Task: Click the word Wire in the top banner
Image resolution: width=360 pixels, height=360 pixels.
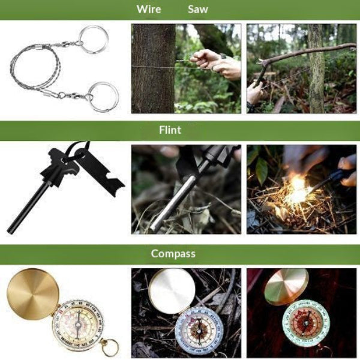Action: click(149, 10)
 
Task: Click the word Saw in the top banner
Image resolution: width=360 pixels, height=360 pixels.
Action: click(198, 10)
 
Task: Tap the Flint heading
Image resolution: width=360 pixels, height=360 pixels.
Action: click(170, 130)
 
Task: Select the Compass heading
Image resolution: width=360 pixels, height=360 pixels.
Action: click(173, 253)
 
